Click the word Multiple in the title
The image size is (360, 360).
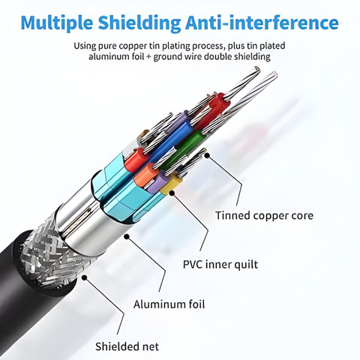57,23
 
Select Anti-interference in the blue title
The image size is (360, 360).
262,22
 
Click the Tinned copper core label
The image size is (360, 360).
265,216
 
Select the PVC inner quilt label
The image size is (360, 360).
220,265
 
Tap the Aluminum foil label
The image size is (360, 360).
169,304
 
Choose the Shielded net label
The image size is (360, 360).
127,346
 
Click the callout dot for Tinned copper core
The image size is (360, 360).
207,155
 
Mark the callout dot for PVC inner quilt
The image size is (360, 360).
172,193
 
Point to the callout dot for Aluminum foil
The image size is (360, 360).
127,236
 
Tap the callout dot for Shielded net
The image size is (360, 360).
85,277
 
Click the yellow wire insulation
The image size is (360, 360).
172,184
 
